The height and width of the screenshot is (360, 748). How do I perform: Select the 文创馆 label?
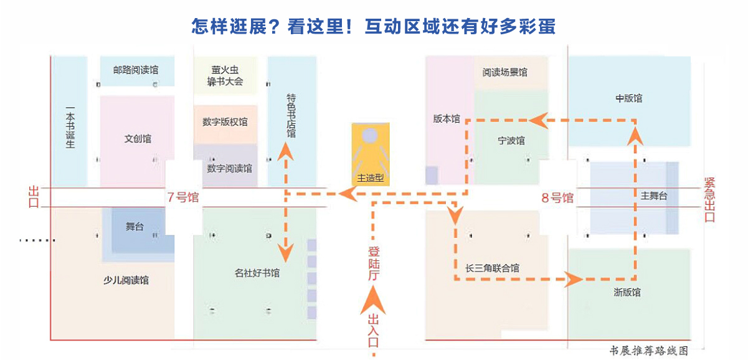[x=138, y=139]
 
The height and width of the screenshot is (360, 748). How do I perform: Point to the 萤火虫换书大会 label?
[x=225, y=76]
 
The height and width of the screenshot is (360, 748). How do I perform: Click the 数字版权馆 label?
[x=225, y=122]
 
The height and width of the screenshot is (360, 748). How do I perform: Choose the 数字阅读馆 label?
[x=230, y=168]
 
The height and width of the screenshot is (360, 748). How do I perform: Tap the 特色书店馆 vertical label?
[x=291, y=116]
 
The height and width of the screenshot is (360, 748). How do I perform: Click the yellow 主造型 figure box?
[x=371, y=153]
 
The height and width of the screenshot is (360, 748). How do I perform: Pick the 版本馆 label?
[x=447, y=118]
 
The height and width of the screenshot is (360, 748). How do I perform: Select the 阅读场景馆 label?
[x=504, y=72]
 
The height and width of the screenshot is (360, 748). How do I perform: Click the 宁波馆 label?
[x=511, y=140]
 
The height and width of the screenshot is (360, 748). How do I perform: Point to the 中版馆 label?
[x=628, y=98]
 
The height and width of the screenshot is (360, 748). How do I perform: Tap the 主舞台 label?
[x=653, y=196]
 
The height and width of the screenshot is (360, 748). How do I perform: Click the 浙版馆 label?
[x=627, y=292]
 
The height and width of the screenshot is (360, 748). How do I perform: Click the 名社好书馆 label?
[x=257, y=273]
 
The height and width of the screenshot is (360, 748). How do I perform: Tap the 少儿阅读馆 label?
[x=126, y=280]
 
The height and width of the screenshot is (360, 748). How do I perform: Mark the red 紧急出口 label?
[x=709, y=199]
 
